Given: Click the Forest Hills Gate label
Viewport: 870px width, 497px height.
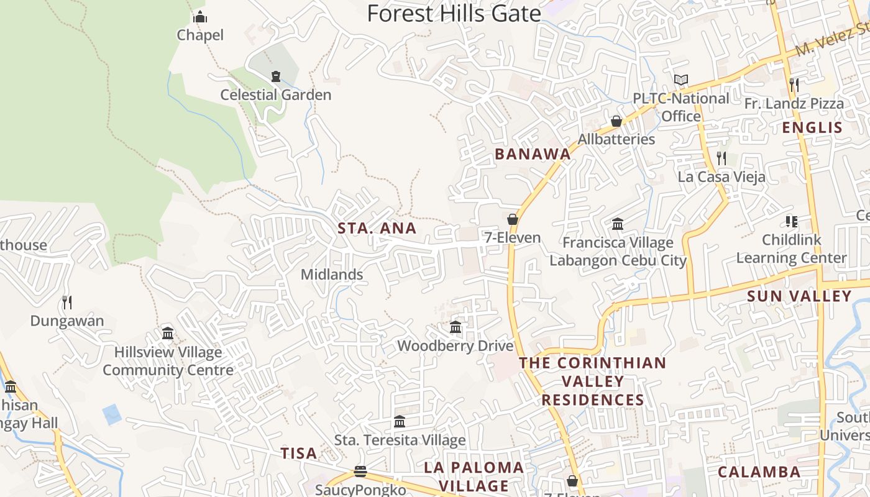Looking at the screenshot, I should coord(454,13).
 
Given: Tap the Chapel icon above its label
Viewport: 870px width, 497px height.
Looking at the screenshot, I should coord(200,17).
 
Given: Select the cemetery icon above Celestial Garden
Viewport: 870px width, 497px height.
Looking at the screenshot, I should coord(276,76).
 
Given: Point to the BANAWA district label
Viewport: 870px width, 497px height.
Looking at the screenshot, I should coord(533,154).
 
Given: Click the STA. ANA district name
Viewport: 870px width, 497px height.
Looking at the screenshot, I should coord(377,228).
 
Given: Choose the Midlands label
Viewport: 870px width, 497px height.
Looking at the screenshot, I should coord(332,274).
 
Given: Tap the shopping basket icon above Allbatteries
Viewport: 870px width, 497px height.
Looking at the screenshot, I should coord(616,121).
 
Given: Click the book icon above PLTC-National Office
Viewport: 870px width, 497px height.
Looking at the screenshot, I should coord(681,80).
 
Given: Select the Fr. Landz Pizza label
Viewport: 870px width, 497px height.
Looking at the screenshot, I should coord(794,104).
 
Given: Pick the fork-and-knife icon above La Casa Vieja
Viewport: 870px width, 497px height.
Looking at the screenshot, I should coord(721,158).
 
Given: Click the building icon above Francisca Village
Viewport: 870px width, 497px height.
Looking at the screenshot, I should coord(618,224).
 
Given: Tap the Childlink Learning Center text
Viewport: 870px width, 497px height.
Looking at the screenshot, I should coord(791,248).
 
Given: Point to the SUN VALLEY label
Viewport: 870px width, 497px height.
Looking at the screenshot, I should coord(799,296).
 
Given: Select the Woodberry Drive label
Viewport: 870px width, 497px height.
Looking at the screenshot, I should coord(456,345).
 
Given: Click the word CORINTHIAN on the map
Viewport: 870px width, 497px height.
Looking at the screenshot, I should coord(611,363).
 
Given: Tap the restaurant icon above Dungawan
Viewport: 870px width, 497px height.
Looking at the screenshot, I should coord(67,303).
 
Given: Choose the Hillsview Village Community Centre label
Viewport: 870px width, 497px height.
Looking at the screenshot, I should coord(168,361).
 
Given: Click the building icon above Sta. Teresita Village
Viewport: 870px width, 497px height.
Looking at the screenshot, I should coord(400,422).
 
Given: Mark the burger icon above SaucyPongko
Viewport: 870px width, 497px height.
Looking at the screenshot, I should coord(360,472).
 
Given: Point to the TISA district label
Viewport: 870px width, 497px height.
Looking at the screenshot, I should coord(299,454).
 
